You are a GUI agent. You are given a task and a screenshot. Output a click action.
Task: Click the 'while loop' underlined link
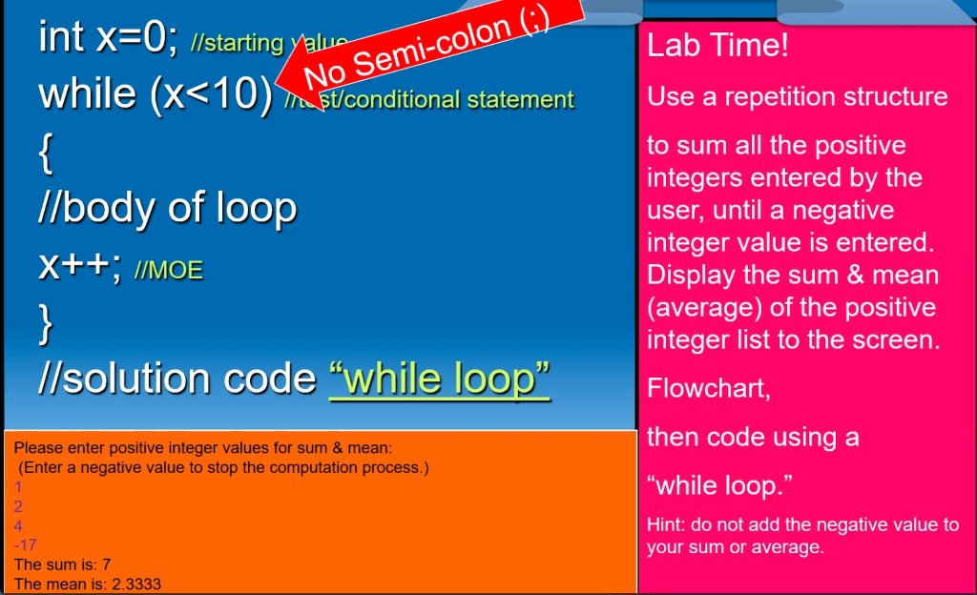(x=439, y=379)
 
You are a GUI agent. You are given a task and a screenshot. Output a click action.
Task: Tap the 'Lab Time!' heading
(x=717, y=46)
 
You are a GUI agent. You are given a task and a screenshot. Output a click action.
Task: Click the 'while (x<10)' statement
(x=156, y=94)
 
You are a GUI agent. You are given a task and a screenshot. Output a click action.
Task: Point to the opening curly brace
(x=46, y=154)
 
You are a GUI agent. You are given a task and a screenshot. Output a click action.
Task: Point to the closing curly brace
(x=46, y=322)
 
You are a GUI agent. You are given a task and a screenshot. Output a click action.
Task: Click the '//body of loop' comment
(x=167, y=208)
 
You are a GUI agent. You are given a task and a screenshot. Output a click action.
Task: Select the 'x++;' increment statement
(x=80, y=266)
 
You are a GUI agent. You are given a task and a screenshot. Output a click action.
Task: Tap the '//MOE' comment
(x=169, y=271)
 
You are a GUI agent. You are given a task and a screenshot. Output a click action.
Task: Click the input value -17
(x=25, y=544)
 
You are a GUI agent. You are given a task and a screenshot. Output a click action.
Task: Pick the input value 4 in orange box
(x=18, y=525)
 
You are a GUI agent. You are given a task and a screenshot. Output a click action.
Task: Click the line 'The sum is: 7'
(x=63, y=564)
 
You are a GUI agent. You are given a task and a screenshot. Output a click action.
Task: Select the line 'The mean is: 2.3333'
(x=80, y=584)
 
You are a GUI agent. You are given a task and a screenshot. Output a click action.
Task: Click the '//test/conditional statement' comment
(x=439, y=100)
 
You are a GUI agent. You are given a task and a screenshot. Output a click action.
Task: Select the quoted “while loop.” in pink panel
(x=720, y=485)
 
